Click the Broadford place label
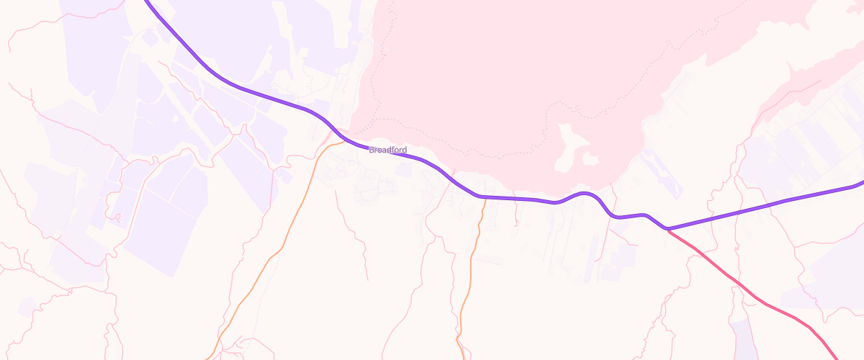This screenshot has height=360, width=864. pos(387,150)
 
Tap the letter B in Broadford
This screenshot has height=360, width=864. pos(371,150)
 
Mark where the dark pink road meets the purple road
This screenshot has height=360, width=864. pos(668,229)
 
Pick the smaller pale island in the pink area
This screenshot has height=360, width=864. pos(590,158)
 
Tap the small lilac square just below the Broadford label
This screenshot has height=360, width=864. pos(403,169)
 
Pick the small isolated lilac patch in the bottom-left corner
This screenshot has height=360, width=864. pos(27,307)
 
